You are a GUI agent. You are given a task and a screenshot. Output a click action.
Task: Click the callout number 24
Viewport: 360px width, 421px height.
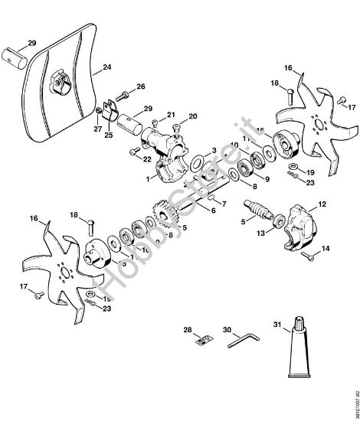pos(106,67)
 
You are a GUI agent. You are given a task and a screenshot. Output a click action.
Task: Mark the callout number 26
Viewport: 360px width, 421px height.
pos(140,86)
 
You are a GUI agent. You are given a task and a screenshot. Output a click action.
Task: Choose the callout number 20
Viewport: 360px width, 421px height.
pos(192,116)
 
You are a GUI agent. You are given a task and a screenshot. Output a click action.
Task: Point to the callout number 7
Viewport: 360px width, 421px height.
pos(224,205)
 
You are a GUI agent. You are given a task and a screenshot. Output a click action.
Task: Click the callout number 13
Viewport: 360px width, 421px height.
pos(260,233)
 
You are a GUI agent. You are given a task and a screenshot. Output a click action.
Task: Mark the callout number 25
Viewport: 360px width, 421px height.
pos(107,135)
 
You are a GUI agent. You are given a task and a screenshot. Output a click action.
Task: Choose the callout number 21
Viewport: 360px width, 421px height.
pos(171,114)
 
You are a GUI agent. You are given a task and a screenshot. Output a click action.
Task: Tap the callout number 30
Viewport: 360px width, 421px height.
pos(227,331)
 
